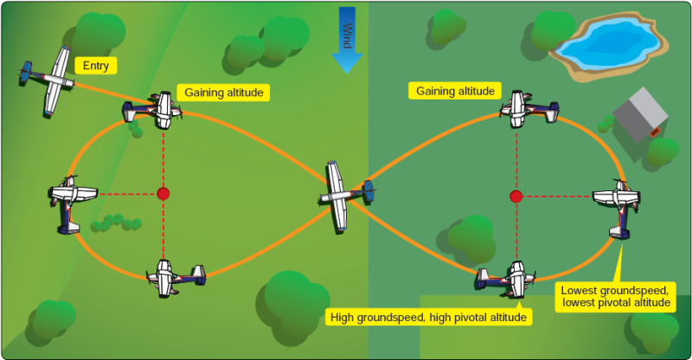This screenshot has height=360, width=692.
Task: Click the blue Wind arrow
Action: [347, 39]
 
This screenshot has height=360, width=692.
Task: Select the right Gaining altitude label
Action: [455, 91]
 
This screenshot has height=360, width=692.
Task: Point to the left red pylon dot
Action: [163, 193]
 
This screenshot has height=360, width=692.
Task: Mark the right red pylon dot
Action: [516, 196]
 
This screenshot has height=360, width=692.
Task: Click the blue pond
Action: [605, 43]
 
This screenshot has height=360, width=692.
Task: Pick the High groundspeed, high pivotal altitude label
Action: [428, 318]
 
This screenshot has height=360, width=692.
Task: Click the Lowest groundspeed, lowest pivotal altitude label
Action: [613, 297]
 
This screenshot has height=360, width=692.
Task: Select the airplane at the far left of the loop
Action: [69, 202]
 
